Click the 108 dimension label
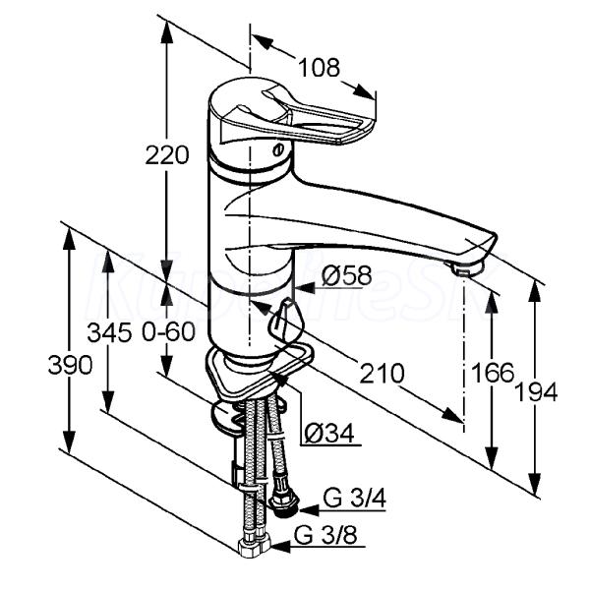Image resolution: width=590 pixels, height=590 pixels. tap(319, 68)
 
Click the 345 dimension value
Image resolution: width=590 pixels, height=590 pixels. tap(109, 332)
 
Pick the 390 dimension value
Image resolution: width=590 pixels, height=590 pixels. tap(71, 365)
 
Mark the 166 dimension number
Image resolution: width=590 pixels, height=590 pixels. tap(493, 373)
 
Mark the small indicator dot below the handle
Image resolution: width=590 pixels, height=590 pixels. tap(276, 147)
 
